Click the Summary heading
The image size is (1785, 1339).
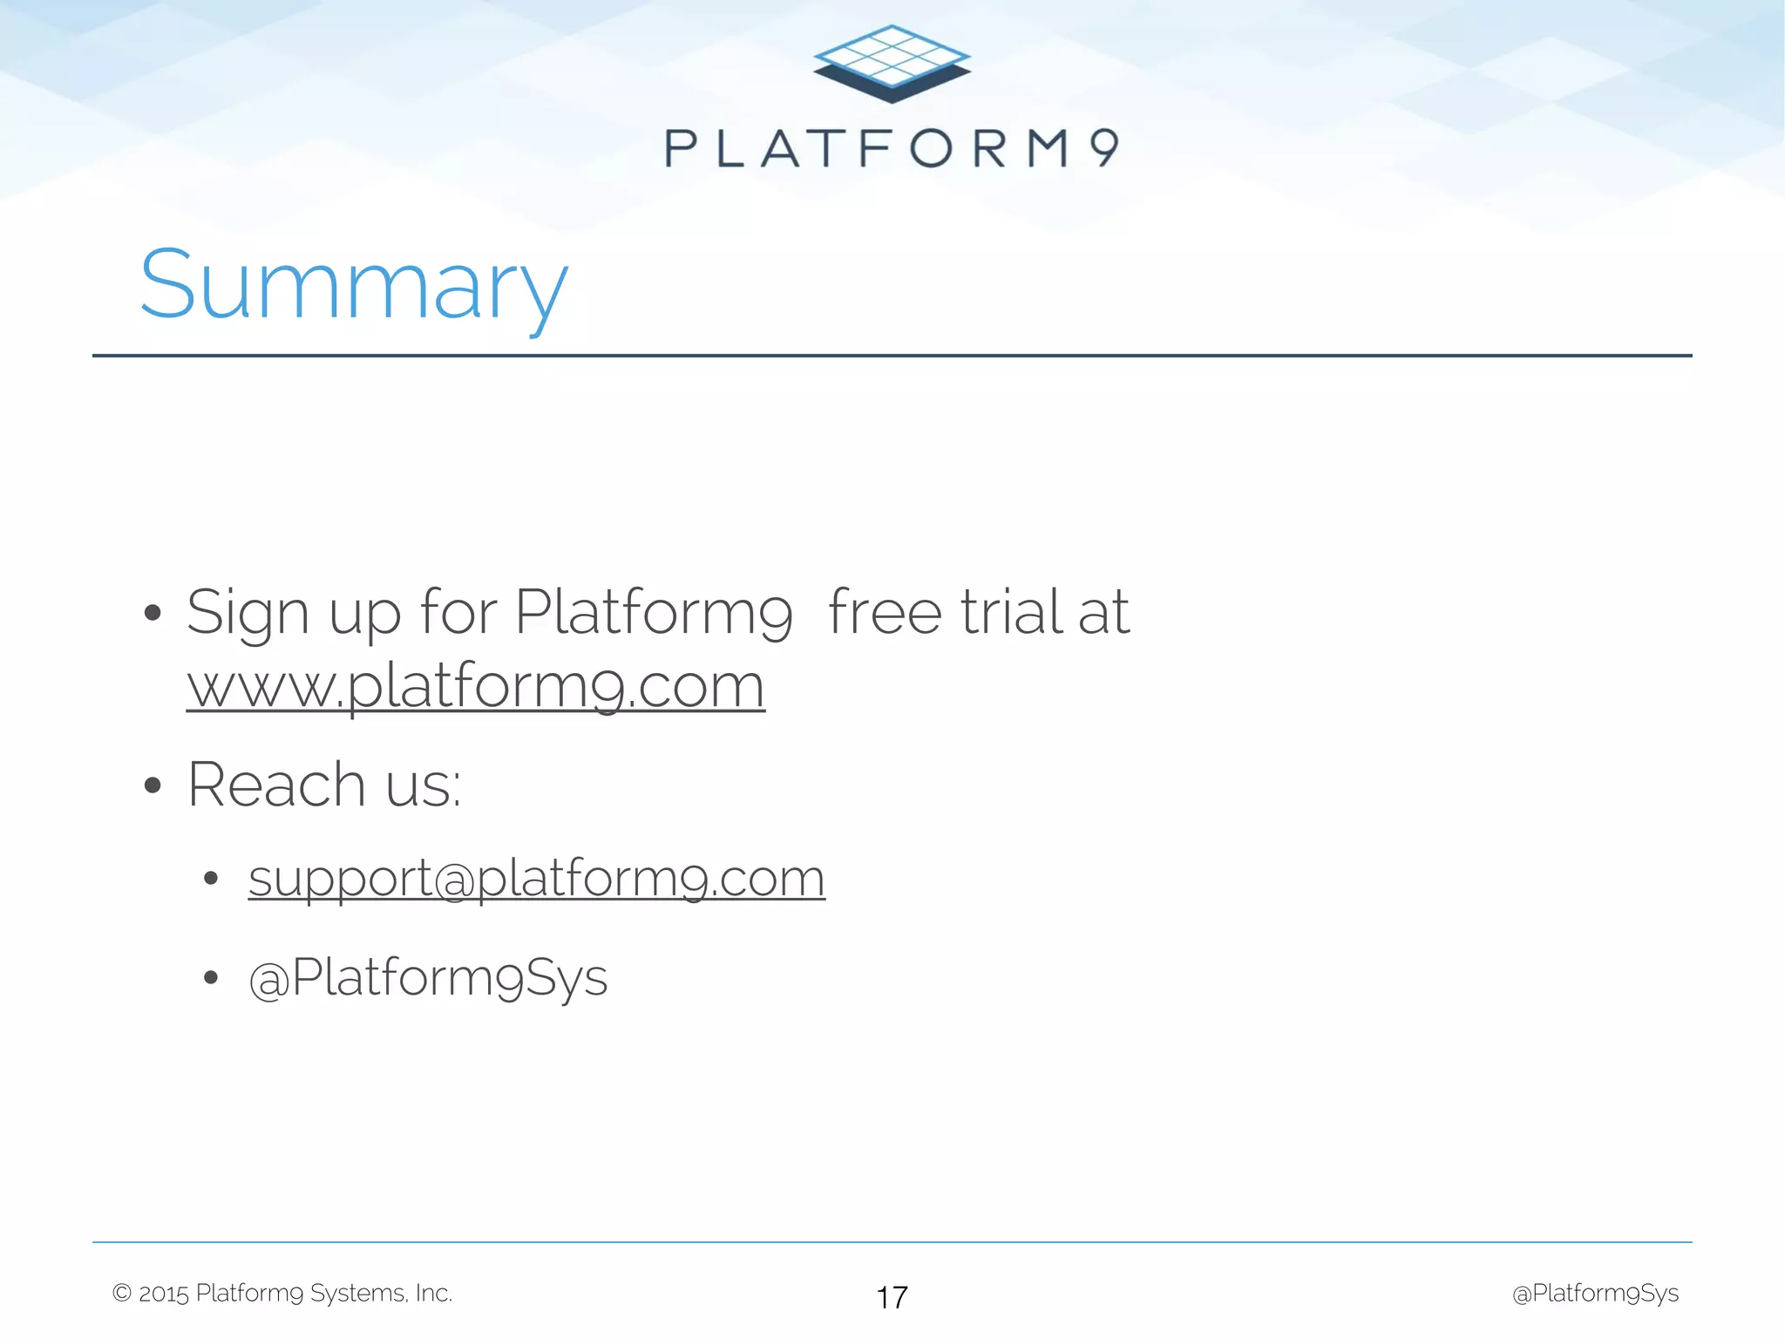point(354,286)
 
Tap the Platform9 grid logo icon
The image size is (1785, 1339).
point(892,64)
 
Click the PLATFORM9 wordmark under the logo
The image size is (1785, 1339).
point(892,148)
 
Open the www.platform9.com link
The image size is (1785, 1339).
point(476,686)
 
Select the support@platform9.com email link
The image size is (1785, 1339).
point(536,878)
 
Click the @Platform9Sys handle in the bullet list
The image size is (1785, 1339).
point(428,977)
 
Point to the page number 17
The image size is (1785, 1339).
point(892,1297)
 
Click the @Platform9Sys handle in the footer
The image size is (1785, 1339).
point(1595,1293)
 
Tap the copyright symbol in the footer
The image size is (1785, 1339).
point(122,1293)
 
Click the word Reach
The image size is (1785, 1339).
point(276,785)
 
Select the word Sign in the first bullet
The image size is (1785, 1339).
point(248,613)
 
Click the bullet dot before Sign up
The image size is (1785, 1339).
point(153,613)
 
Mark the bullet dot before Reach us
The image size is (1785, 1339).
point(153,785)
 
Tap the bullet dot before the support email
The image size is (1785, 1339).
point(210,878)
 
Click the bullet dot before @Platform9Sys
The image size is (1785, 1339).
point(210,978)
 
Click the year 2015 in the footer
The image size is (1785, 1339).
point(164,1294)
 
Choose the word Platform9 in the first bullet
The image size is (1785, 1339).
point(654,613)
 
